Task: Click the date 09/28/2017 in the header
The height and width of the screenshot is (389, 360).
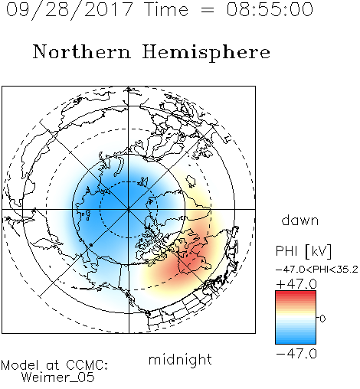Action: point(70,10)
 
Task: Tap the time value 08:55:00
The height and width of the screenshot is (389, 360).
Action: point(270,9)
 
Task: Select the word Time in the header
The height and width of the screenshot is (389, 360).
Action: point(166,9)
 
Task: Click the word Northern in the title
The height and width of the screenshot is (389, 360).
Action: point(82,51)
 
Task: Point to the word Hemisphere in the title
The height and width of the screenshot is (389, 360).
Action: point(206,53)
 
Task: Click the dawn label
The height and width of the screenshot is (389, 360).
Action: point(300,220)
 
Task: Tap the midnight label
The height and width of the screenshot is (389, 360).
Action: point(180,359)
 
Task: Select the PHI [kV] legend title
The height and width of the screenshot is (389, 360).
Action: point(303,251)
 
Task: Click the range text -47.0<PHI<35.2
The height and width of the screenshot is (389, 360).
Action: point(317,270)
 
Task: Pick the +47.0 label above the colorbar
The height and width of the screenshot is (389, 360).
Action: point(296,284)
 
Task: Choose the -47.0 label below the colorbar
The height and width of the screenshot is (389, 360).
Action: point(296,354)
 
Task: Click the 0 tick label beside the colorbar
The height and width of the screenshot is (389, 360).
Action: point(322,319)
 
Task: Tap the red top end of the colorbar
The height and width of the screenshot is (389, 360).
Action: point(296,293)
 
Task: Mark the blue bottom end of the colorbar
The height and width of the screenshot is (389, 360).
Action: point(296,342)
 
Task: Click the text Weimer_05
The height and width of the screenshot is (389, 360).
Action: point(58,378)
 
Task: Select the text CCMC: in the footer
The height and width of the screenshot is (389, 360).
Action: point(87,365)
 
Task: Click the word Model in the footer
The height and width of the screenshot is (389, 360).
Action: point(20,365)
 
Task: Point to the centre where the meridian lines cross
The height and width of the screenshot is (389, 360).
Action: point(129,209)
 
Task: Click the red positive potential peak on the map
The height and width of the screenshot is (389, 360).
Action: point(190,263)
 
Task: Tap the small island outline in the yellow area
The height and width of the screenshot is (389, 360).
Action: point(191,181)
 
